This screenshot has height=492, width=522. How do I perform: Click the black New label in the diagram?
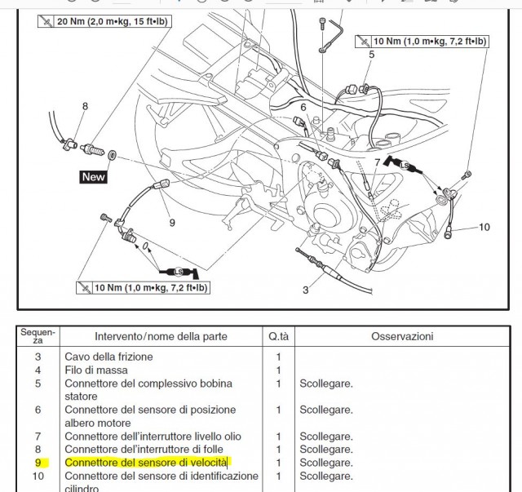[94, 176]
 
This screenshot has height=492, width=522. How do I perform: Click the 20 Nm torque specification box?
[105, 20]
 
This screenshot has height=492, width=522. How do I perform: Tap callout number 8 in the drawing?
[84, 106]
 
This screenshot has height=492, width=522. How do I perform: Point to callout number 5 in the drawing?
[371, 55]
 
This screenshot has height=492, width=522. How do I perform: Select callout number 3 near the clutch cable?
[306, 290]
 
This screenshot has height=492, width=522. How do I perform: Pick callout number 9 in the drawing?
[172, 221]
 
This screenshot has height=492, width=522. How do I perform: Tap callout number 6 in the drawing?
[303, 107]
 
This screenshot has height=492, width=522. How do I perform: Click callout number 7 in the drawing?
[377, 163]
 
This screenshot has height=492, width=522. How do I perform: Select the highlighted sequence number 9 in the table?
[38, 463]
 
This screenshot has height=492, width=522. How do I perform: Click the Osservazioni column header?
[402, 336]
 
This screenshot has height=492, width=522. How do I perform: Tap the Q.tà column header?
[278, 336]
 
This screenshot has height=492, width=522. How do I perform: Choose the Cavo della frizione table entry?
[108, 357]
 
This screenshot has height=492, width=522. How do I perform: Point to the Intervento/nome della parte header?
[161, 336]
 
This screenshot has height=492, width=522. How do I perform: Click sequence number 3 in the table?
[38, 357]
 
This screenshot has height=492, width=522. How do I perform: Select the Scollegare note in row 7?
[325, 437]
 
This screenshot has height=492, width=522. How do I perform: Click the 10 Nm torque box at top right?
[422, 41]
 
